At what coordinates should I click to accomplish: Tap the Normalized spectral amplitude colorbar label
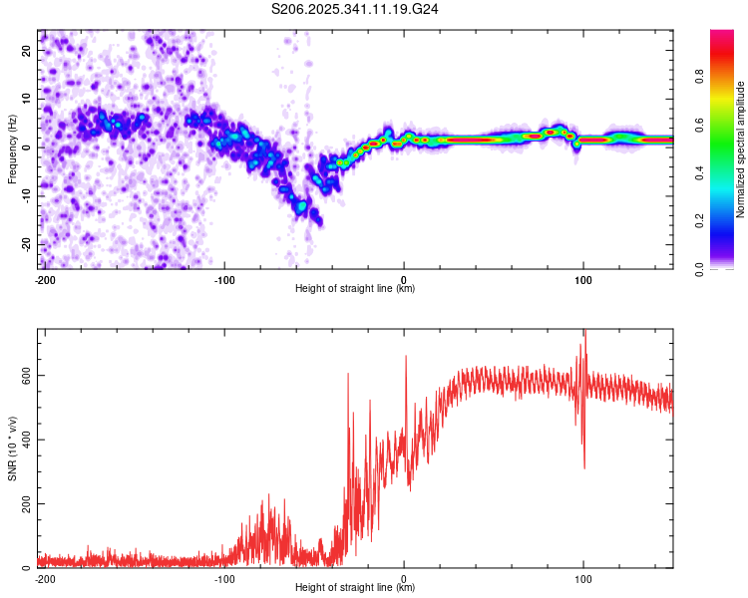point(741,149)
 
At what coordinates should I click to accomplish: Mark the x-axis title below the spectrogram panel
point(355,289)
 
